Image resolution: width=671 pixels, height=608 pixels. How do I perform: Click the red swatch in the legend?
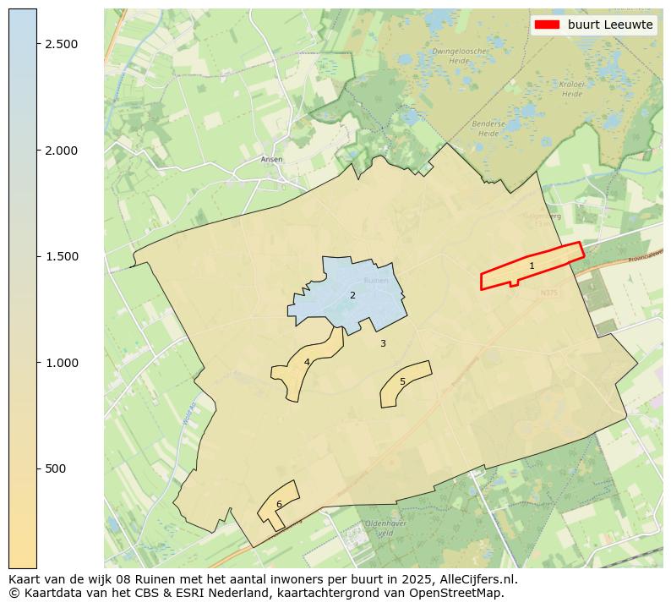pyautogui.click(x=547, y=25)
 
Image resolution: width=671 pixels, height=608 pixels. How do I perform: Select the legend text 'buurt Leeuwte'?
pyautogui.click(x=610, y=25)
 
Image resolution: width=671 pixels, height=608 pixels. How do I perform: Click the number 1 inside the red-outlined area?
pyautogui.click(x=532, y=266)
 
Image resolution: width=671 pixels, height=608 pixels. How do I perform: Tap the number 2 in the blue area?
pyautogui.click(x=352, y=295)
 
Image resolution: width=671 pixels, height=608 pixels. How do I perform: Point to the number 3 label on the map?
pyautogui.click(x=383, y=343)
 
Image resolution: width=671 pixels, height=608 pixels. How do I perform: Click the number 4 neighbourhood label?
pyautogui.click(x=307, y=362)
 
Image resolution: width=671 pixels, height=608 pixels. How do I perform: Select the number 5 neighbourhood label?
pyautogui.click(x=402, y=381)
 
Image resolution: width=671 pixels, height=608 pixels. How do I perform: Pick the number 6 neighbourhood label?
pyautogui.click(x=279, y=504)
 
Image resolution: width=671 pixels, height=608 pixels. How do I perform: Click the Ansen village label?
pyautogui.click(x=272, y=159)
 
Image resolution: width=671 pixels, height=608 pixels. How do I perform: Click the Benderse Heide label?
pyautogui.click(x=488, y=129)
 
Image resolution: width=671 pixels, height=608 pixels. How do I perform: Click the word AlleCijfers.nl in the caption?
pyautogui.click(x=473, y=579)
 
